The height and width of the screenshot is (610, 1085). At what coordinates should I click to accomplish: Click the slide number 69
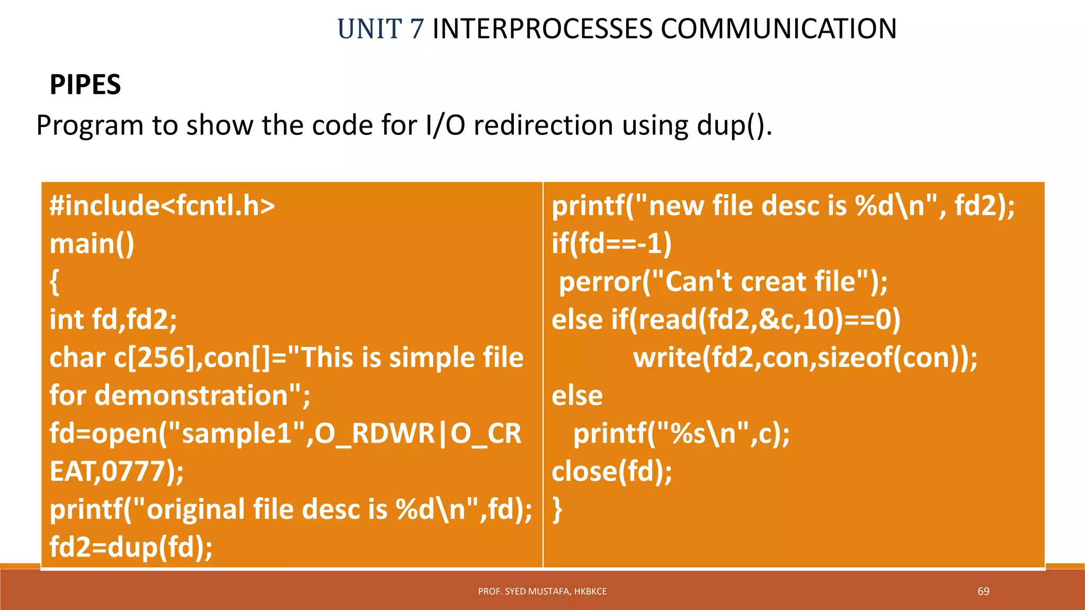983,591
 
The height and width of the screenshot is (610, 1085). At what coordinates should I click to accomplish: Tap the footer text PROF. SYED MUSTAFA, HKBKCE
542,591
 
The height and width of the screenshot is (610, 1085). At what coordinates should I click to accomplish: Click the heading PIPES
85,85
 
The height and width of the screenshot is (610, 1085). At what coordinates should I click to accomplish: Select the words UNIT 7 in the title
380,29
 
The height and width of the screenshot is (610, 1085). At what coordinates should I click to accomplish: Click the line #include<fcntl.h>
162,205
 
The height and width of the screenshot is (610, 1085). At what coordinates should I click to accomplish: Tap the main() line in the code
92,244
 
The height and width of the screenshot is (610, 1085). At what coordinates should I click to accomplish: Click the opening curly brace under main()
54,282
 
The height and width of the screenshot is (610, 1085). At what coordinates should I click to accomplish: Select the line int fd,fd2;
113,320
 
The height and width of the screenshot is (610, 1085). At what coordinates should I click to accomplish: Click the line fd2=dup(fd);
131,547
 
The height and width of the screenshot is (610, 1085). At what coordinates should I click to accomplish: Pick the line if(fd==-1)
611,244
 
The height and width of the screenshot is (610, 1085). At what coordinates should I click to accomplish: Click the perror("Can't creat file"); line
723,282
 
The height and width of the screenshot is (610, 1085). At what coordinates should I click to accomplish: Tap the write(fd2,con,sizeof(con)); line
805,358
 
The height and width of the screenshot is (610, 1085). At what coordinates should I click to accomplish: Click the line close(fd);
612,471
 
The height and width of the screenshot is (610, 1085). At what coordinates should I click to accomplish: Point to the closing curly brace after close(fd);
557,509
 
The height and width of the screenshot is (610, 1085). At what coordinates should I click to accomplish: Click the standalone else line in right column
577,396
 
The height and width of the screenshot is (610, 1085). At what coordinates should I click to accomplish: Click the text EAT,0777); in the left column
117,471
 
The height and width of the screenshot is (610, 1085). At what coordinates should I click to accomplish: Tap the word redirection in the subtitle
543,126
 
